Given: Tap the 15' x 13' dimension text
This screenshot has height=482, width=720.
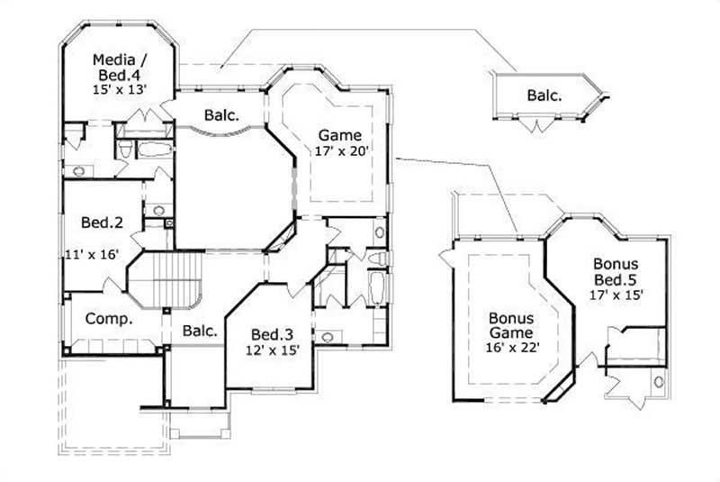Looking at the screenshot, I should (x=120, y=90).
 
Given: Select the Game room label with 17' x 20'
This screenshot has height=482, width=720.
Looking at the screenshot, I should (x=339, y=135).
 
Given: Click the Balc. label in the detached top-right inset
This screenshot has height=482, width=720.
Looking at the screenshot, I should (x=544, y=95).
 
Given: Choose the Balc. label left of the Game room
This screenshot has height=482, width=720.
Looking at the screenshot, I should (x=220, y=115).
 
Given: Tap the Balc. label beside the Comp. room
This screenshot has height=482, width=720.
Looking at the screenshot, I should (x=200, y=331).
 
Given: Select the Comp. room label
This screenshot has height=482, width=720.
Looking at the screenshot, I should (x=110, y=319).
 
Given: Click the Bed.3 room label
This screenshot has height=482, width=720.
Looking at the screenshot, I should (x=270, y=332).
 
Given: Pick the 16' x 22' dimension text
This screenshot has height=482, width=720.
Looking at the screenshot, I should (x=511, y=348).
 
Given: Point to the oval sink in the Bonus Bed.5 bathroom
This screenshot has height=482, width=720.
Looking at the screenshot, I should (x=659, y=381).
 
